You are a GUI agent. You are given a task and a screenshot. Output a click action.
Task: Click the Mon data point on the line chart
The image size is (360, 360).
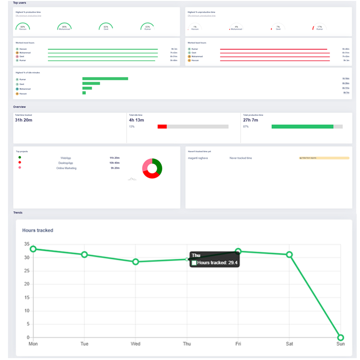pos(33,249)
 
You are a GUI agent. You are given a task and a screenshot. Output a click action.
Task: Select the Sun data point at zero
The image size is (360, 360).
pos(340,337)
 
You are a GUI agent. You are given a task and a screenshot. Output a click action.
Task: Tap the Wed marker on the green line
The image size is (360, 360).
pos(135,262)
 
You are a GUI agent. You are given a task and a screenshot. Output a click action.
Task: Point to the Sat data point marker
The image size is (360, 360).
pos(289,255)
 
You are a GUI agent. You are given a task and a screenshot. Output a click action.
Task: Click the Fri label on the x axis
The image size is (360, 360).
pos(238,344)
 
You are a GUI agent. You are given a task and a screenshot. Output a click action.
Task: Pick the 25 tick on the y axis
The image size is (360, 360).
pos(27,270)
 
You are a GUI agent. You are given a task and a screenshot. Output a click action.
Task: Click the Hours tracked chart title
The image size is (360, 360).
pos(37,230)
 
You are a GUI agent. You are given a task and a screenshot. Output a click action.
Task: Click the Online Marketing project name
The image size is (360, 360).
pos(66,168)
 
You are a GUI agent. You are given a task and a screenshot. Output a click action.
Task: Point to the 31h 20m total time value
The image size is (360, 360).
pos(23,120)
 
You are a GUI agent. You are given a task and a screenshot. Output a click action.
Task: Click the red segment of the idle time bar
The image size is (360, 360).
pos(162,127)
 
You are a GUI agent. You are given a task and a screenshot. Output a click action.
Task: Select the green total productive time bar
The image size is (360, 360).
pos(302,127)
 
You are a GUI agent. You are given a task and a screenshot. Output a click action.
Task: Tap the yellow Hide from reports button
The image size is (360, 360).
pos(324,158)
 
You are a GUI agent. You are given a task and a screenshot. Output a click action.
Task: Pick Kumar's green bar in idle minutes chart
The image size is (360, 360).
pos(105,79)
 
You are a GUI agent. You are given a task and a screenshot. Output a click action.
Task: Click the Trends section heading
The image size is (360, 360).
pos(18,213)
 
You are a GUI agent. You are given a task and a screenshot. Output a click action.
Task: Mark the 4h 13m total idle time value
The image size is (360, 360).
pos(137,120)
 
